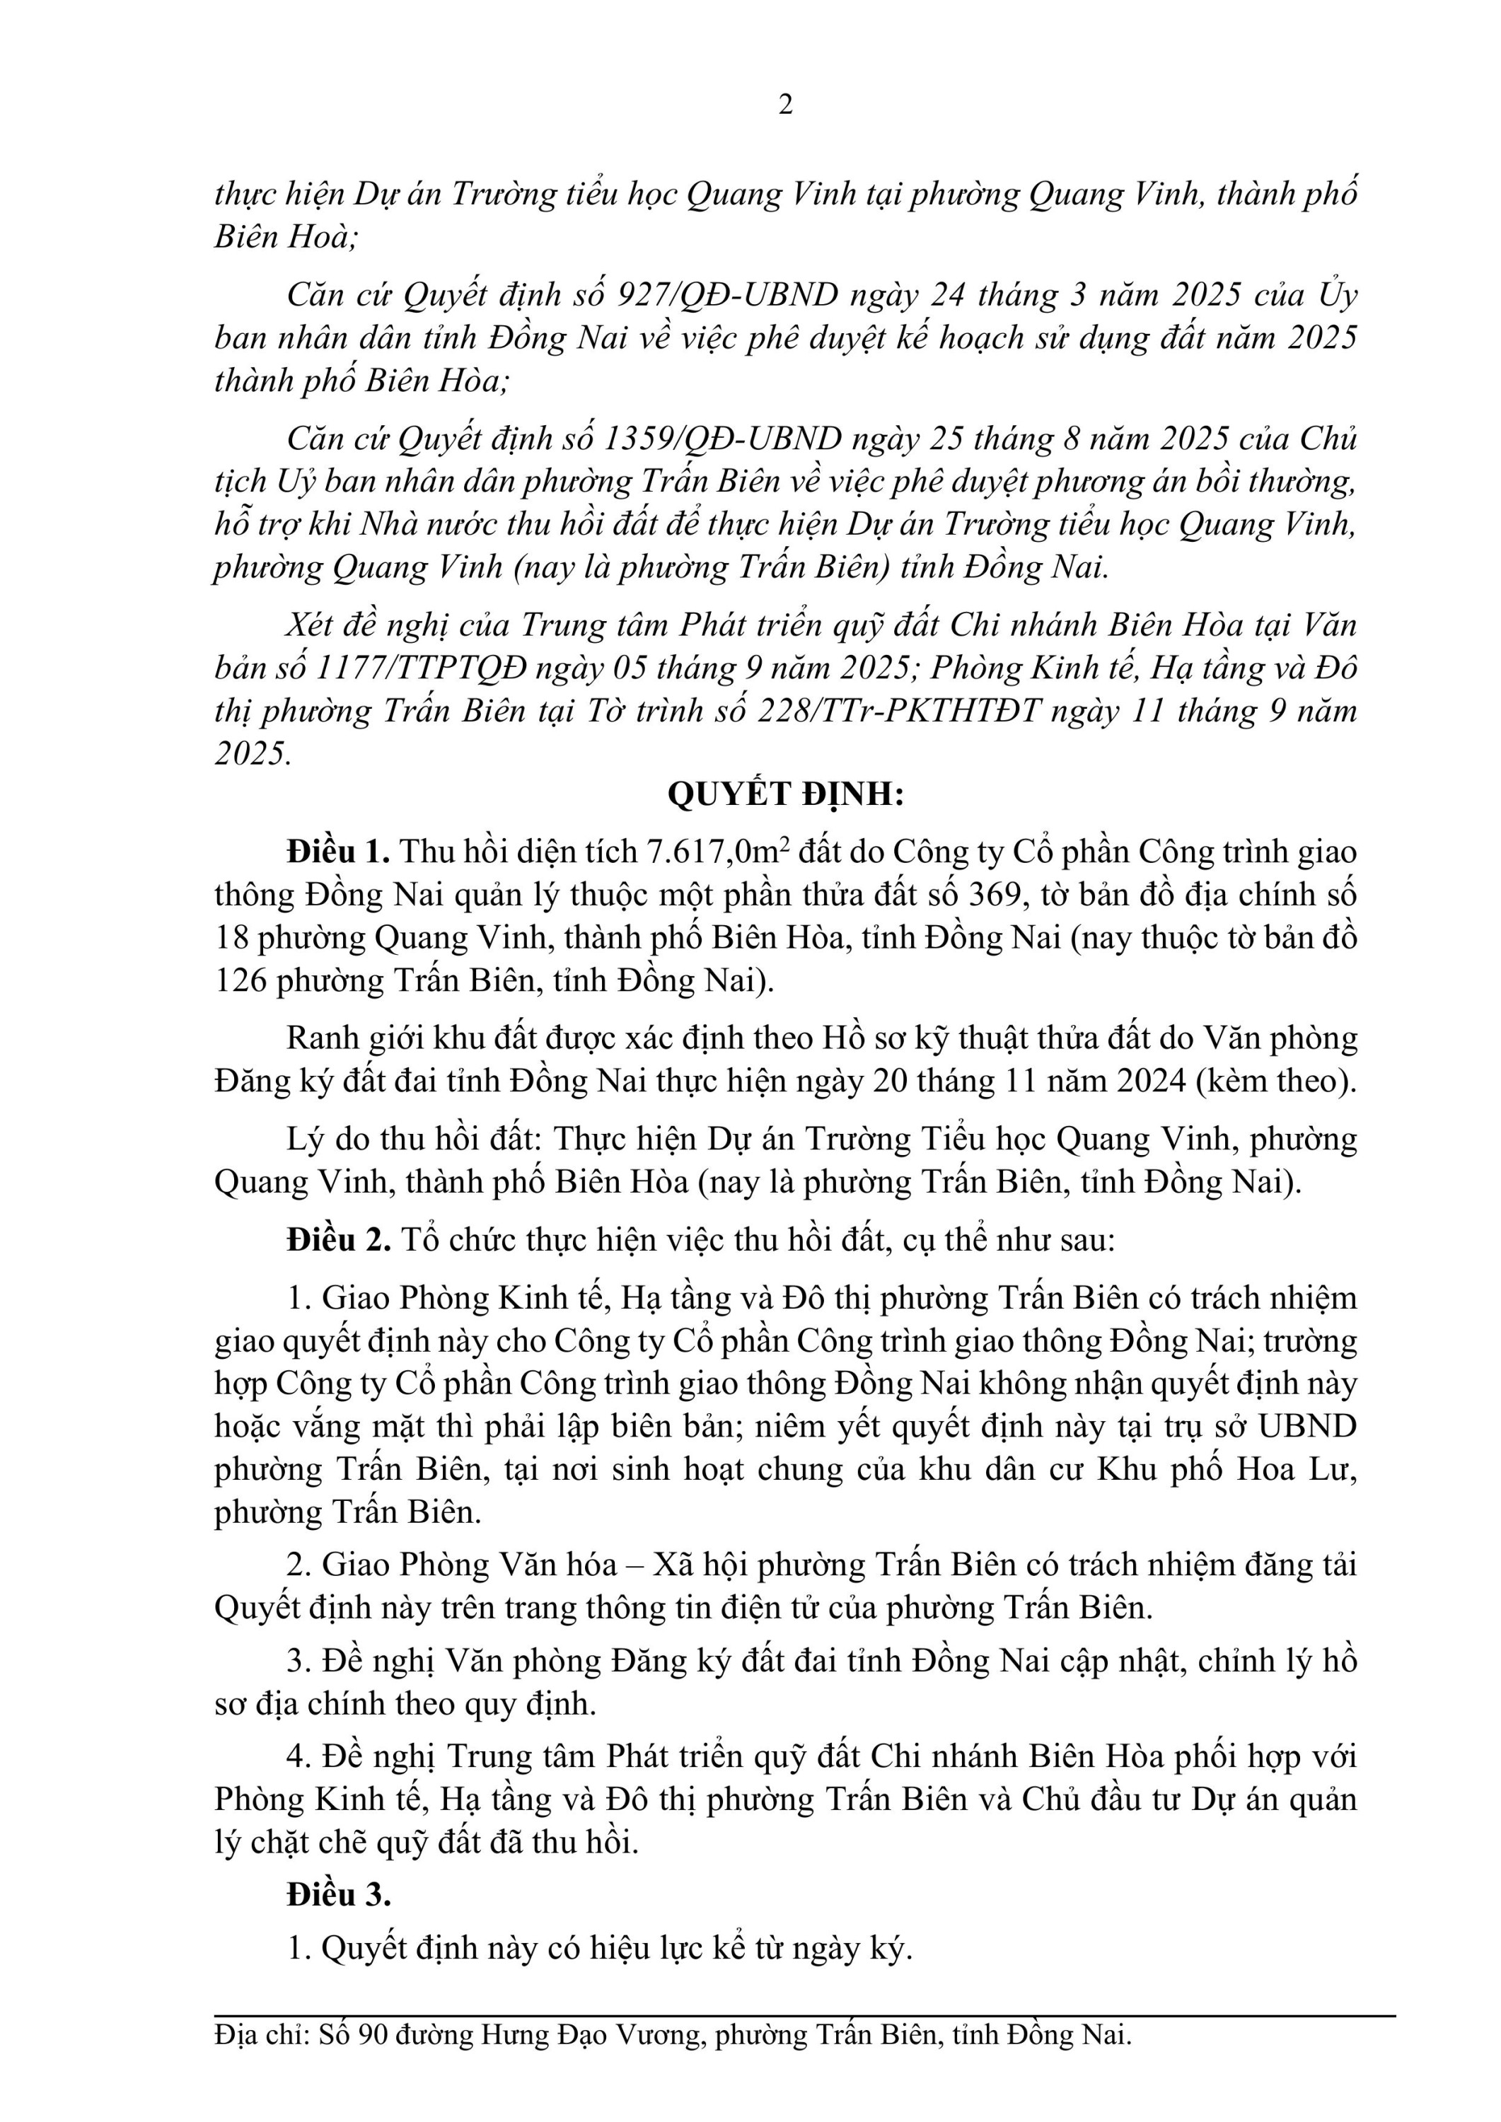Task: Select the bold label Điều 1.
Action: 338,851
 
